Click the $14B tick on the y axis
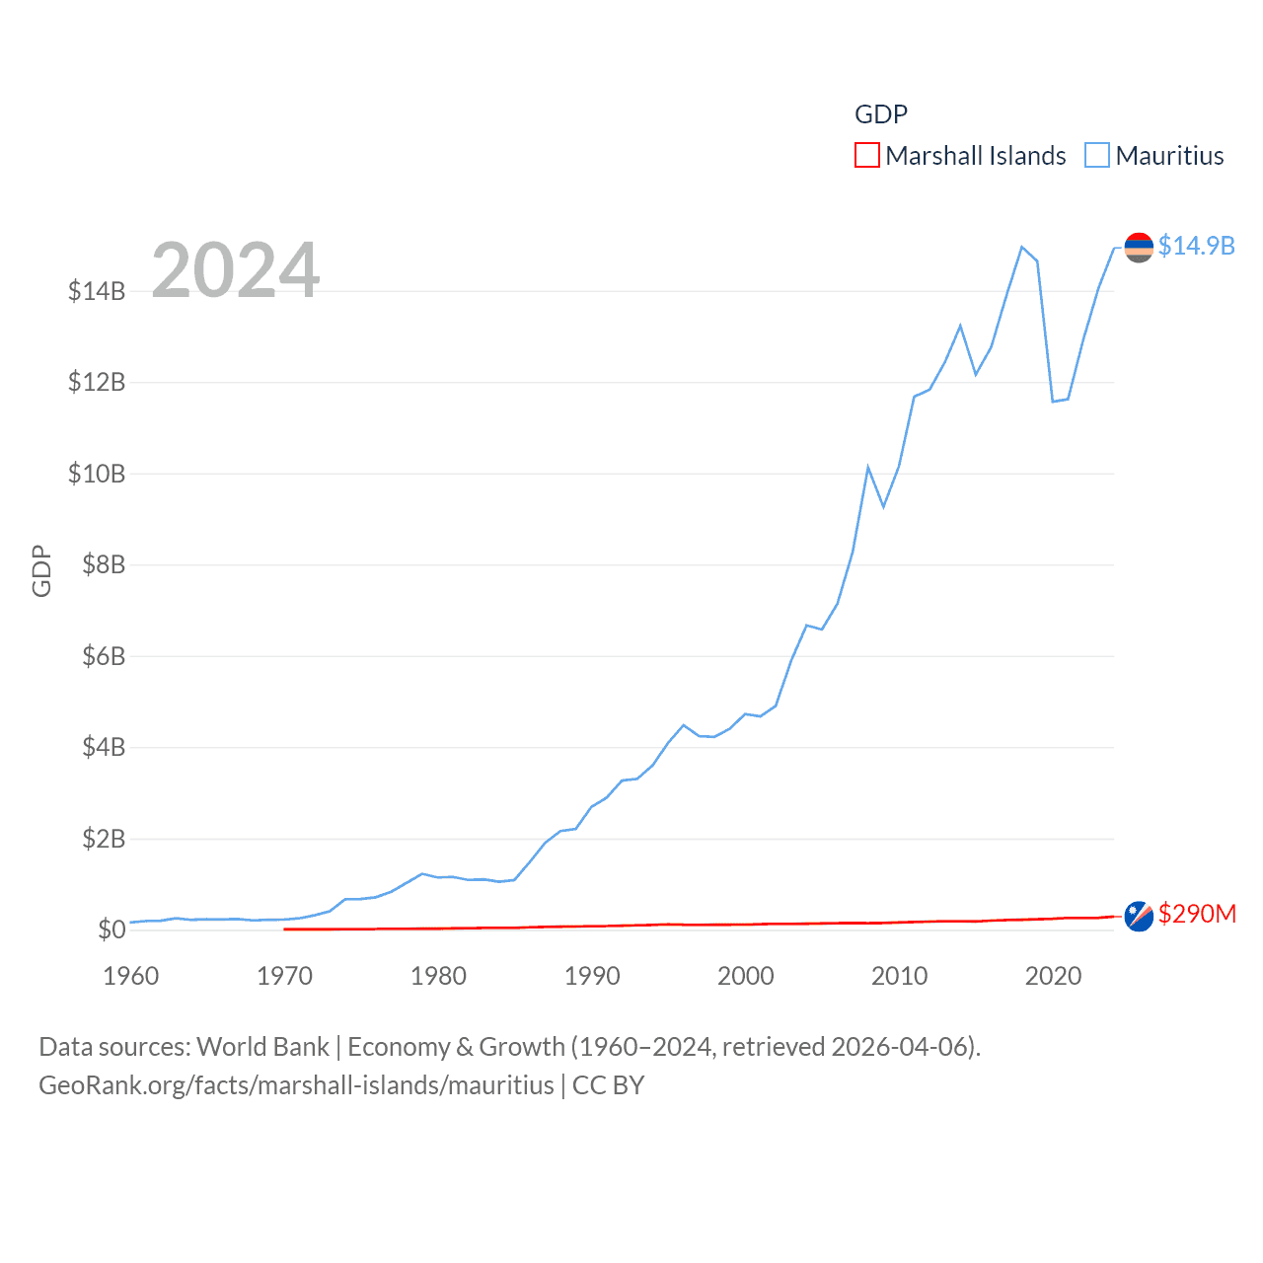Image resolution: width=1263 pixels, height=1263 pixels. click(97, 291)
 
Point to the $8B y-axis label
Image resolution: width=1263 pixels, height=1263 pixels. click(104, 564)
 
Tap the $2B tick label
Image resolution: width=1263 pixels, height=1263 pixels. click(104, 839)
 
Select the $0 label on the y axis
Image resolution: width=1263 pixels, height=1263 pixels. click(111, 929)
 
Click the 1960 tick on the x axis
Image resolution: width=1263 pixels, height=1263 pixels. click(131, 976)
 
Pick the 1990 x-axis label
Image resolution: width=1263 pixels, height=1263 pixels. click(592, 976)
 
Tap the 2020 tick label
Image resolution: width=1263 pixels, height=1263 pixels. click(1053, 976)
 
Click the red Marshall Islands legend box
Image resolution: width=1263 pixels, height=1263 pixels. click(866, 156)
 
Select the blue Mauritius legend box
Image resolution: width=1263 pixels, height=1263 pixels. click(1096, 156)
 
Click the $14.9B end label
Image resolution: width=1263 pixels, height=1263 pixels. click(1196, 246)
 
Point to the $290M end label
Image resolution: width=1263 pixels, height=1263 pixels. click(1197, 914)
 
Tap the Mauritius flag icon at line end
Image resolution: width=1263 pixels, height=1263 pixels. click(1139, 247)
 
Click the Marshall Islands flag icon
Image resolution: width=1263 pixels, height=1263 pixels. click(1139, 917)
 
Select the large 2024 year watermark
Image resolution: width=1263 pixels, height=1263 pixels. click(236, 269)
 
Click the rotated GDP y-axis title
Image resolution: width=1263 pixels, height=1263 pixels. click(41, 570)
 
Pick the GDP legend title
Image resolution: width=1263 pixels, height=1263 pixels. click(880, 114)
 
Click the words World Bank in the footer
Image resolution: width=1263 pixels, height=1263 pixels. click(263, 1046)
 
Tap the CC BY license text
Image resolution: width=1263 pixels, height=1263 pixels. click(608, 1085)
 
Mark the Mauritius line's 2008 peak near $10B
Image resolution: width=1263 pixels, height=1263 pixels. click(868, 468)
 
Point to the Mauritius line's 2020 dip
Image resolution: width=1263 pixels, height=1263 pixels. click(1053, 401)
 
